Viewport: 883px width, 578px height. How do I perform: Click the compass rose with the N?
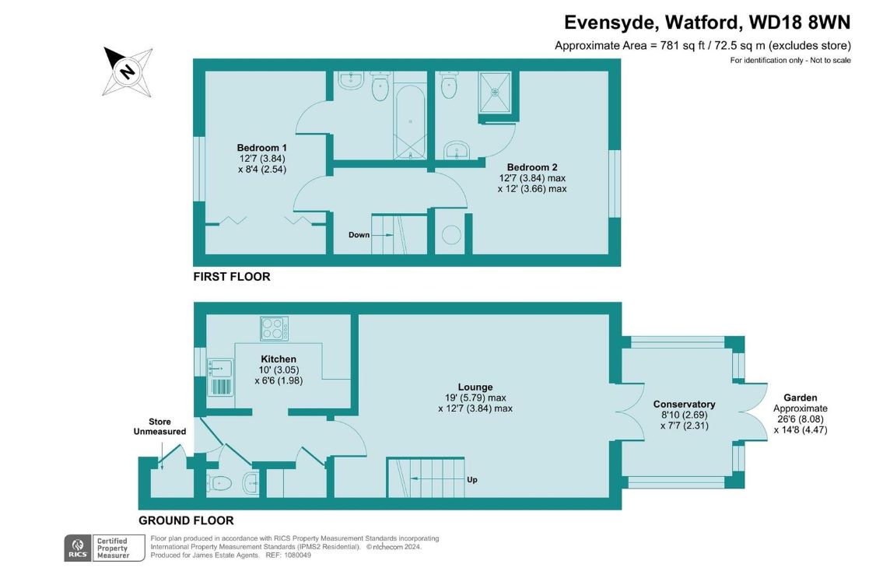pyautogui.click(x=128, y=72)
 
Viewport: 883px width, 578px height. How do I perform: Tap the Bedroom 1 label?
pyautogui.click(x=262, y=148)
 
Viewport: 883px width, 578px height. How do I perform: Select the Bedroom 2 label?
pyautogui.click(x=532, y=167)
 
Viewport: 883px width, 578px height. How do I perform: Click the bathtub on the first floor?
pyautogui.click(x=410, y=121)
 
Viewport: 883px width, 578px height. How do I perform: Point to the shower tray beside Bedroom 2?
pyautogui.click(x=495, y=92)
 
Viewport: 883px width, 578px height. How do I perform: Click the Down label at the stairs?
pyautogui.click(x=359, y=235)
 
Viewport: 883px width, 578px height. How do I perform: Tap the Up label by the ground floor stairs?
pyautogui.click(x=472, y=480)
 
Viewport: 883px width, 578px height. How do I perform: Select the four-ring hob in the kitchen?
pyautogui.click(x=275, y=328)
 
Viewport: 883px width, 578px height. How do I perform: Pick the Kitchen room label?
pyautogui.click(x=279, y=359)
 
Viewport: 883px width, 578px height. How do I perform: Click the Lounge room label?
pyautogui.click(x=475, y=387)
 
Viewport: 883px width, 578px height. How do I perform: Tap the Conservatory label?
pyautogui.click(x=684, y=405)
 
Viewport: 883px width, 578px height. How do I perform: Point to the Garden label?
pyautogui.click(x=801, y=398)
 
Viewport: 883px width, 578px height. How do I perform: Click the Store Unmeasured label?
pyautogui.click(x=159, y=426)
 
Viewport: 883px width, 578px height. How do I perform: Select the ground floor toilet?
pyautogui.click(x=219, y=483)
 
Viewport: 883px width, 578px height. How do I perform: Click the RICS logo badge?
pyautogui.click(x=77, y=548)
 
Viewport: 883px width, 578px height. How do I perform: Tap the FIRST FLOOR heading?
pyautogui.click(x=232, y=277)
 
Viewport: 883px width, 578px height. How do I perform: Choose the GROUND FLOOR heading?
pyautogui.click(x=186, y=520)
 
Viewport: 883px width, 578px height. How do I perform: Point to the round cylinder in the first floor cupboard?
pyautogui.click(x=452, y=234)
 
